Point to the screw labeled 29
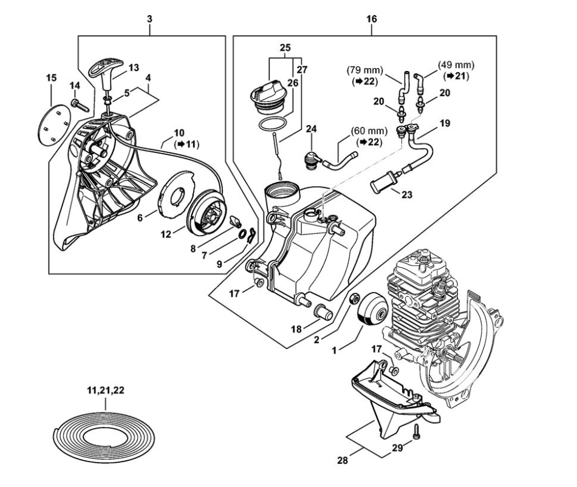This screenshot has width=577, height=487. pos(417,432)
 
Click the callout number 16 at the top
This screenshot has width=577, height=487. pos(372,19)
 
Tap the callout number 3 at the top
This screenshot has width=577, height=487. pos(149,19)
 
